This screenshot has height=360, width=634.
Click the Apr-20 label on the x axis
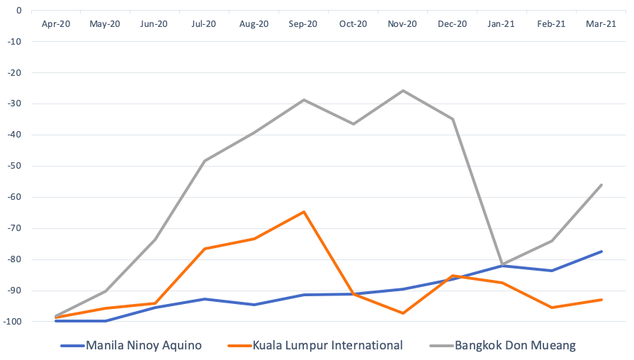tap(55, 23)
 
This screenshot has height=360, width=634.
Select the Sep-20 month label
tap(303, 23)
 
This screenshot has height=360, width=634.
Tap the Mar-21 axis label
tap(601, 23)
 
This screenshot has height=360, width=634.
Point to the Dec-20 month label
tap(452, 23)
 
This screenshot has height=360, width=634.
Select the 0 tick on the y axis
tap(19, 10)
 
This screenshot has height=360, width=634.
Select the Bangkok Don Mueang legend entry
tap(515, 346)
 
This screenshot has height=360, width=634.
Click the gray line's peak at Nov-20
tap(403, 91)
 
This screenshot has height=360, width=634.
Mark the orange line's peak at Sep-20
tap(304, 211)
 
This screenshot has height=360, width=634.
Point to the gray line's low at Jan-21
tap(502, 264)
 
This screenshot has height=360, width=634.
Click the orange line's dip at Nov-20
tap(403, 313)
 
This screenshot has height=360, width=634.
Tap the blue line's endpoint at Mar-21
tap(601, 252)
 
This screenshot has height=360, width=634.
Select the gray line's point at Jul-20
tap(205, 161)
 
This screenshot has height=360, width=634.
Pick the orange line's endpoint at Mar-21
tap(601, 300)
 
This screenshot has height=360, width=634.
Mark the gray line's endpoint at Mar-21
tap(601, 185)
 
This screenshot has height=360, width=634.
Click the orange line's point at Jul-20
tap(205, 249)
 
